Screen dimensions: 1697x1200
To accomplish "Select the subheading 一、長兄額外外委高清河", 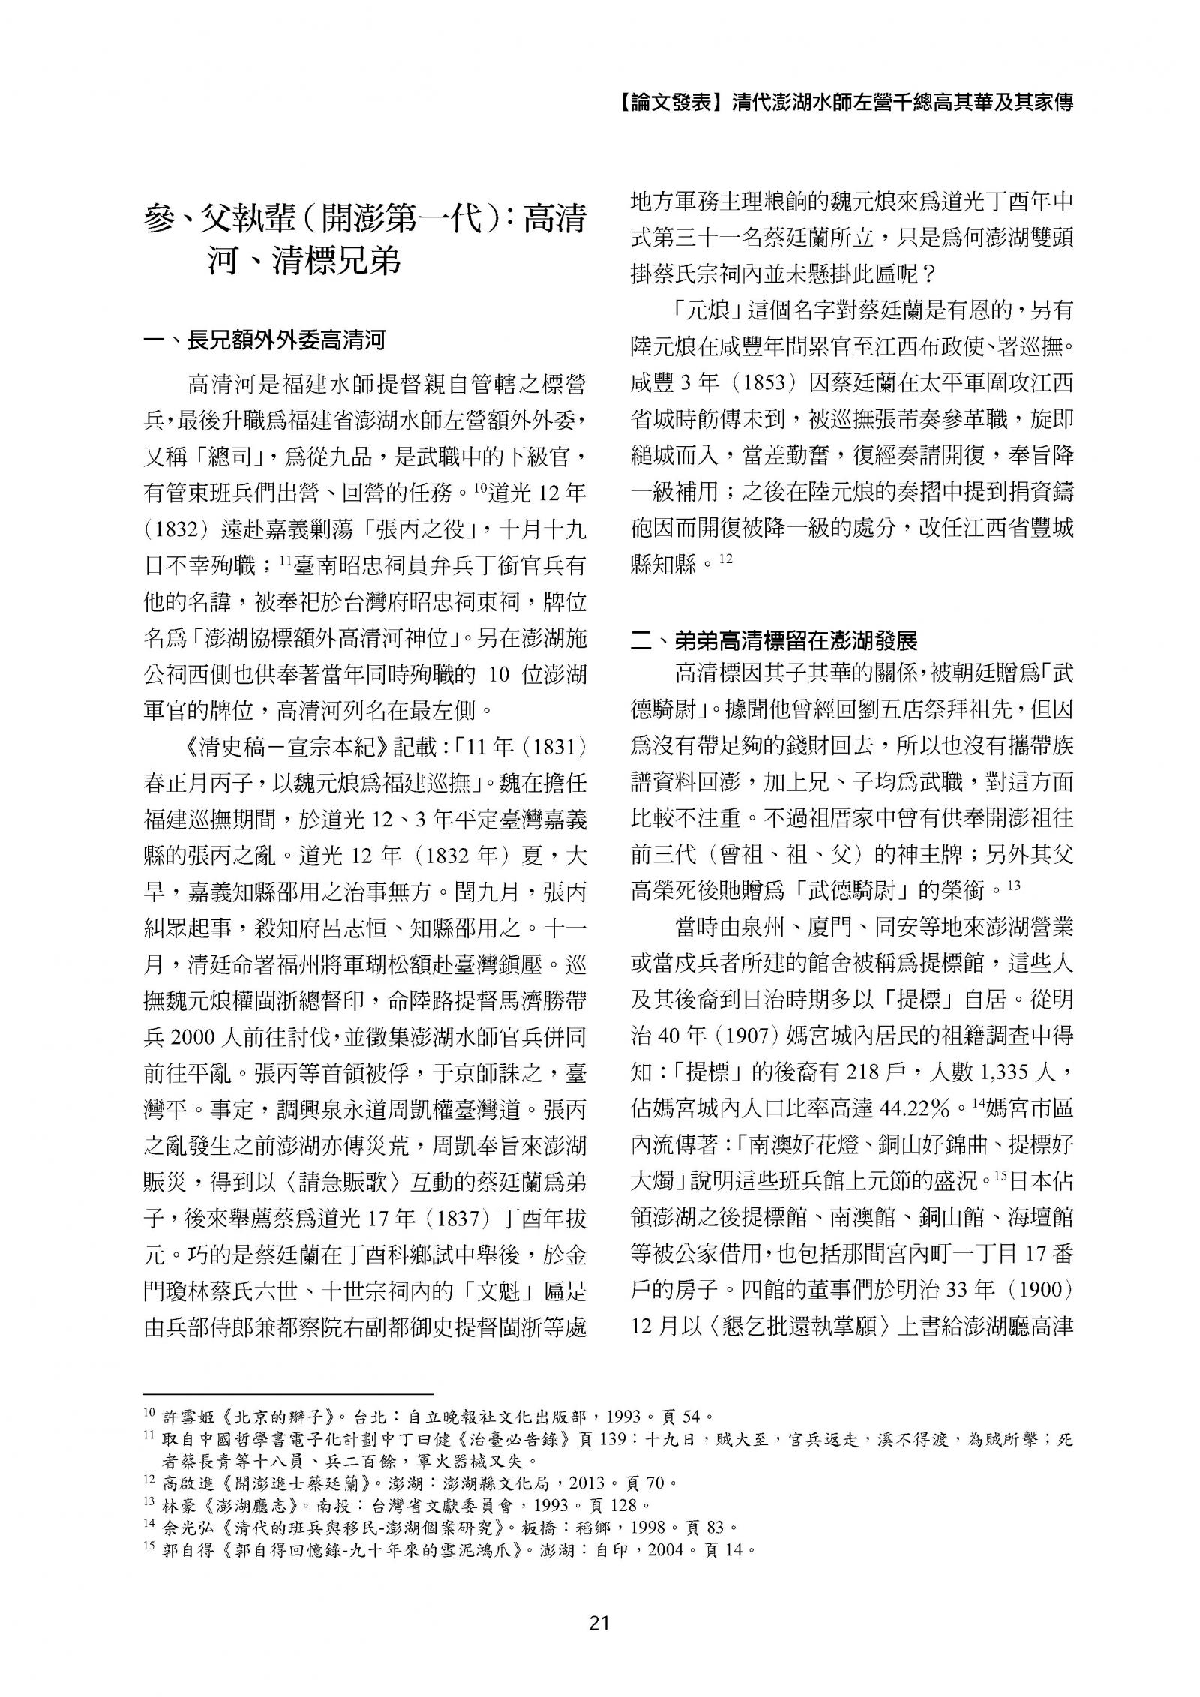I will [x=264, y=342].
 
